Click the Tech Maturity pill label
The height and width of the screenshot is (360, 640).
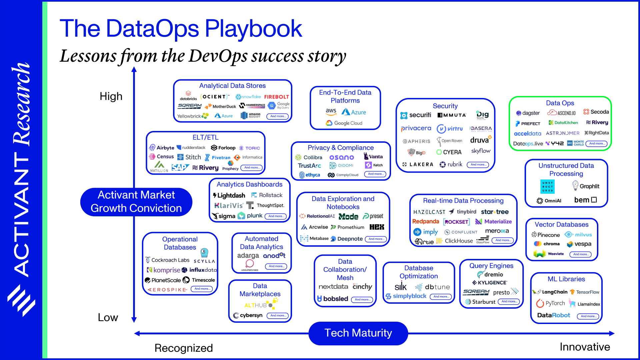(358, 333)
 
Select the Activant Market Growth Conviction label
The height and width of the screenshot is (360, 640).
(136, 202)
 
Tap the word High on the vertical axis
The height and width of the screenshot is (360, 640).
(111, 96)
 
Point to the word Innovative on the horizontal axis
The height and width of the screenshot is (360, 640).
(585, 347)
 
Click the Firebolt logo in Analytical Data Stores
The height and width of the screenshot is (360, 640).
(276, 97)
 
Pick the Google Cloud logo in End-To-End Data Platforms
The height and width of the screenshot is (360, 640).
(344, 123)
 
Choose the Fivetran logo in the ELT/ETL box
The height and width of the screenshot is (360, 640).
(218, 157)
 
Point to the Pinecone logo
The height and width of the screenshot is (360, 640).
(545, 235)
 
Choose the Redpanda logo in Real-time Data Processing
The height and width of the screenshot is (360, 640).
(425, 221)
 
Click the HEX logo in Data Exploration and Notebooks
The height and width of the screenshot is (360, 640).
(377, 227)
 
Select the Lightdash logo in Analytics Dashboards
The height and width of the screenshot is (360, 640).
(229, 195)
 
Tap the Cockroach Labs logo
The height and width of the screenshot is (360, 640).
(167, 260)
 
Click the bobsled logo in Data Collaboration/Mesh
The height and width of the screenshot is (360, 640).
(332, 299)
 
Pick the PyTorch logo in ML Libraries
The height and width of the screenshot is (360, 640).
(550, 303)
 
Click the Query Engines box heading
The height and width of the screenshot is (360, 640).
(491, 266)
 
